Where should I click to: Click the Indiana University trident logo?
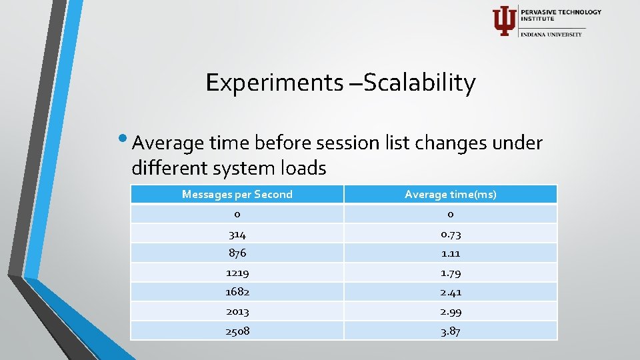503,21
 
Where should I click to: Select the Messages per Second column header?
237,194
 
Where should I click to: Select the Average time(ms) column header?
451,194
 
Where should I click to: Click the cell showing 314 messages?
237,234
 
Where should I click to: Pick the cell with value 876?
237,253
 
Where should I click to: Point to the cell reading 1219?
237,273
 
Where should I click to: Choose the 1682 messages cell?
237,292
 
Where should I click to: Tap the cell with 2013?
237,311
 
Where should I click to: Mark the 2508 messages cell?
237,331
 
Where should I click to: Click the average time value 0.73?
451,234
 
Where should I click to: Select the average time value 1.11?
451,253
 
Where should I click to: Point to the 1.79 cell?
451,273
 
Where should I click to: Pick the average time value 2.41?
451,292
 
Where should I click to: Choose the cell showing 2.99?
451,311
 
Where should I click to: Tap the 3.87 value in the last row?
451,331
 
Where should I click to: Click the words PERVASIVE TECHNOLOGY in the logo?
561,12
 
